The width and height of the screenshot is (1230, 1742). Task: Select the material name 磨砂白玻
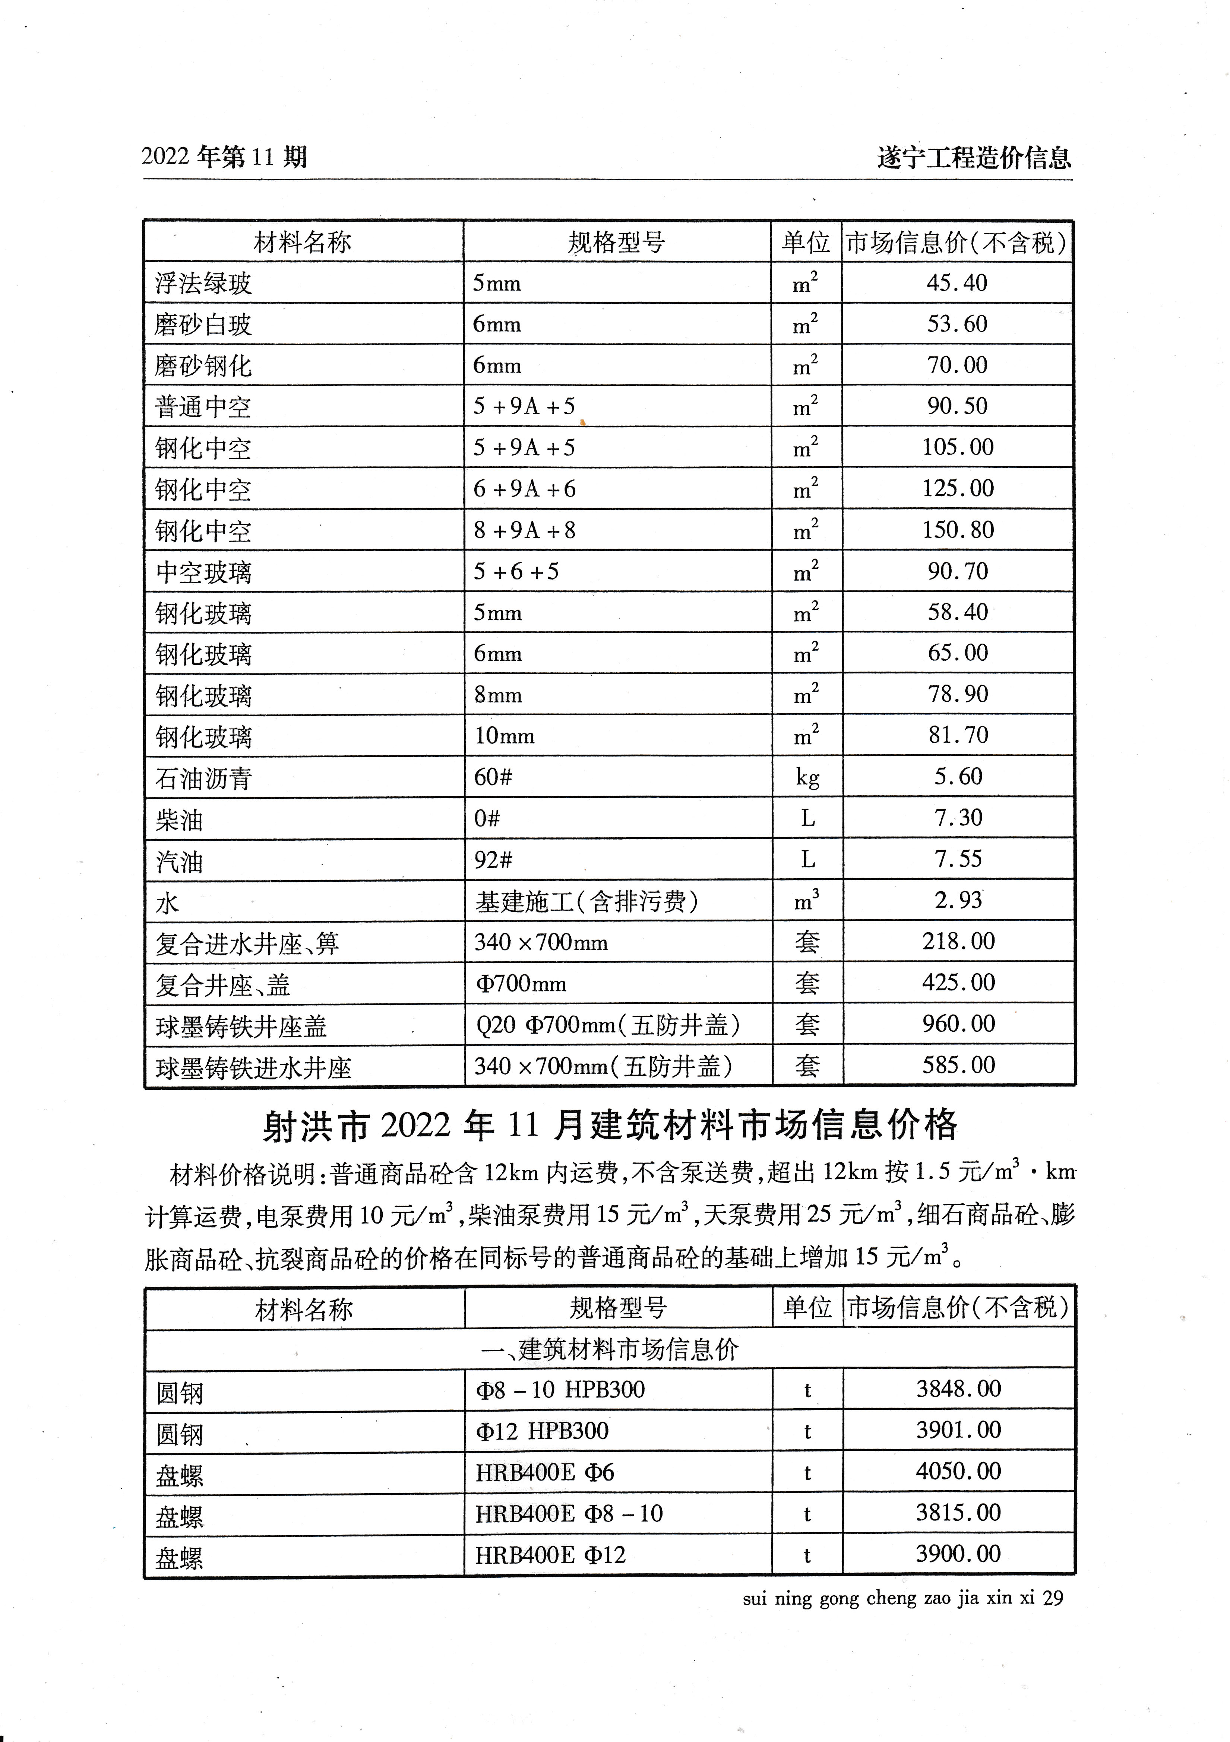[x=203, y=325]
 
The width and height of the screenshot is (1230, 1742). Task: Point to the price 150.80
[x=958, y=530]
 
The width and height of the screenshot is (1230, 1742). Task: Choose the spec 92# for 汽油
[x=493, y=860]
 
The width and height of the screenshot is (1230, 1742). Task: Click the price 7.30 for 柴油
[x=958, y=818]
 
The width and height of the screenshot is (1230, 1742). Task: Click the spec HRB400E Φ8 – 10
[x=569, y=1514]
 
